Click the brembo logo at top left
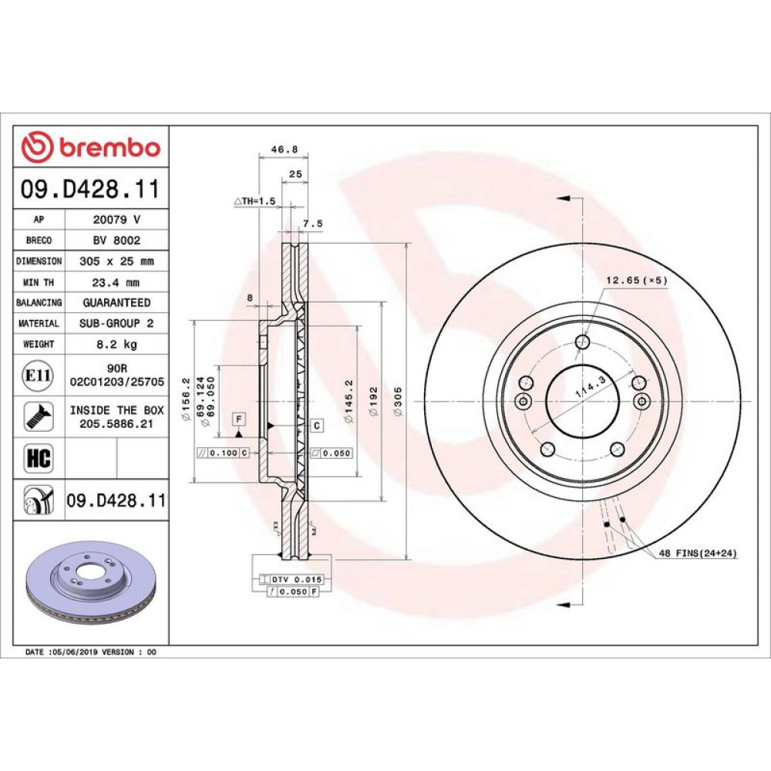pos(91,147)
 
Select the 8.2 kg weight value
pos(116,344)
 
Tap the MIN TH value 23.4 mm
pos(116,282)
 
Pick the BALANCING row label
pos(39,302)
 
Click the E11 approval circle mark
pos(38,375)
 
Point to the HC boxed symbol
pos(39,458)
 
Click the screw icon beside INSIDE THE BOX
pos(39,416)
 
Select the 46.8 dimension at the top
pos(284,149)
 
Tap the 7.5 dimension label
pos(312,224)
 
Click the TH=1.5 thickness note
pos(254,200)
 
